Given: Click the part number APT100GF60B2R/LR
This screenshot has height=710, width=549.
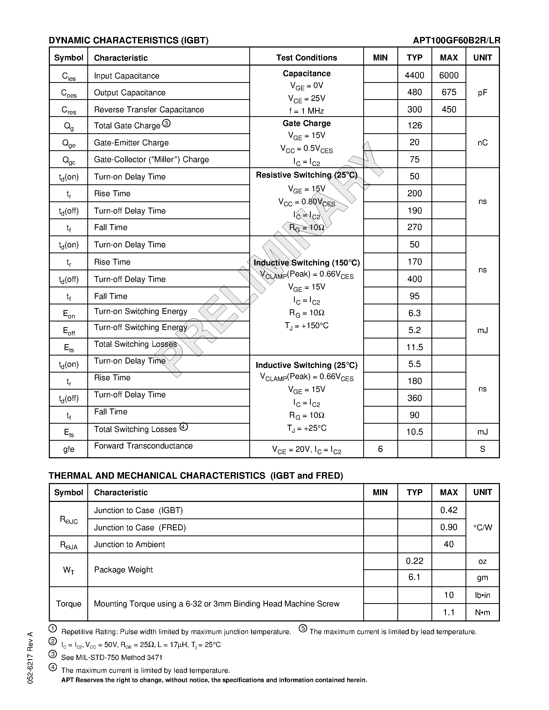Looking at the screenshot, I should (456, 40).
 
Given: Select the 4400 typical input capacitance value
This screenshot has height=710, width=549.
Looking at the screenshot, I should (414, 75).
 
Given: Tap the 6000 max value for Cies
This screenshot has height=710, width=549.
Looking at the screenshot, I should (449, 75).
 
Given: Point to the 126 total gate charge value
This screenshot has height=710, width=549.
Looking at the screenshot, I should (414, 125).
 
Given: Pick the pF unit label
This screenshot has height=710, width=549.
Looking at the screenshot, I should (482, 93).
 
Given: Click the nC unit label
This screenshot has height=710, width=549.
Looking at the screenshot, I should (482, 143).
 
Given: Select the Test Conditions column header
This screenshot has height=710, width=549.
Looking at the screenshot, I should (306, 58).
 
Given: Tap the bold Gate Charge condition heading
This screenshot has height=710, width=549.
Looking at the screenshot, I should (306, 123).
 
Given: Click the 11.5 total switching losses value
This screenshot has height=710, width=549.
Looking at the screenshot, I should (414, 347).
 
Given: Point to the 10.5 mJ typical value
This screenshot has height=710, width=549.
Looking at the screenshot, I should (414, 432).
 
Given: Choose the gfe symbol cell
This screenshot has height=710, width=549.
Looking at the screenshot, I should (69, 449).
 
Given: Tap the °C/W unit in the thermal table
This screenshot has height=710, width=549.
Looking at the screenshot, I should (482, 527).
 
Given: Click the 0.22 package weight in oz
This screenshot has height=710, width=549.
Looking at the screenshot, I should (414, 561).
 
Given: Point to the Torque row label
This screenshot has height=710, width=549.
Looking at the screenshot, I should (69, 604).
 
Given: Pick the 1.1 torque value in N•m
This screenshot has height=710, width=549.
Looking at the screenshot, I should (449, 612).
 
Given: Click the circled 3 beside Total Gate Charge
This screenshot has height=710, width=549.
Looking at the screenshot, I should (166, 123).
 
